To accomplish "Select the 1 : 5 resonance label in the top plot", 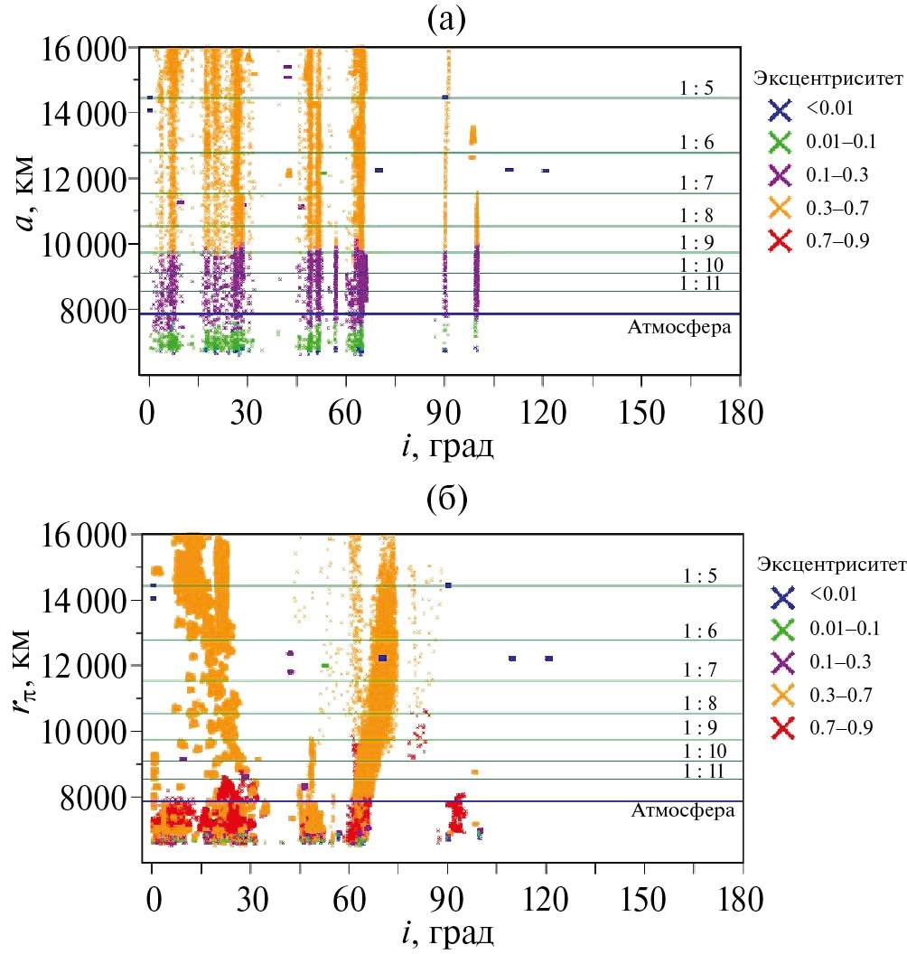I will (x=697, y=89).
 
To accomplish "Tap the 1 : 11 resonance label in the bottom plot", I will (x=702, y=771).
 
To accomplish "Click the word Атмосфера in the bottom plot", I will (x=679, y=811).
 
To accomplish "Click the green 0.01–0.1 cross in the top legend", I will (x=779, y=142).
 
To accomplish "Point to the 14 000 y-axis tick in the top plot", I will (x=87, y=113).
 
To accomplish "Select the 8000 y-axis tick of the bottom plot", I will (x=98, y=797).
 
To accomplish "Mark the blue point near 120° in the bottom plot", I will (x=549, y=659).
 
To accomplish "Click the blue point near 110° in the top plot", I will (x=510, y=170).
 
